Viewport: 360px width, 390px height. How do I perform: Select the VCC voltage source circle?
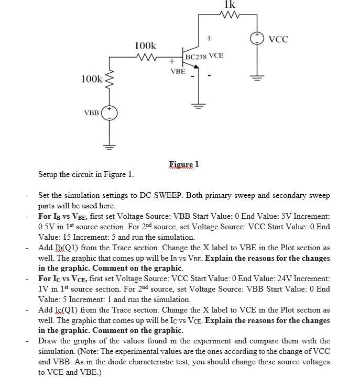(x=257, y=38)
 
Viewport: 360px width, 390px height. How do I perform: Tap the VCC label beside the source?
(x=278, y=39)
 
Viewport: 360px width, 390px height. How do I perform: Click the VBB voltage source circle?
(x=110, y=113)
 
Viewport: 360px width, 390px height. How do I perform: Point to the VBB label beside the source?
(x=92, y=113)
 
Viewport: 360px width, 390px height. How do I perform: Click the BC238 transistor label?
(x=196, y=57)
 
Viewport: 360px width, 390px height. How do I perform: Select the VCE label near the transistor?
(x=216, y=55)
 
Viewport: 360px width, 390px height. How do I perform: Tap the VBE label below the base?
(x=178, y=71)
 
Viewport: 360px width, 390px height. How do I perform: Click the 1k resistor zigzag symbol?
(x=230, y=15)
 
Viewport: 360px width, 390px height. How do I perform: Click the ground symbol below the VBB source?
(x=110, y=146)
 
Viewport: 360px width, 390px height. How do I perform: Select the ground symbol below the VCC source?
(x=257, y=79)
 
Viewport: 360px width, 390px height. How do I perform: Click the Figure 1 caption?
(x=184, y=164)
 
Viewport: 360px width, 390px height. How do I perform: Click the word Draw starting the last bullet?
(x=48, y=341)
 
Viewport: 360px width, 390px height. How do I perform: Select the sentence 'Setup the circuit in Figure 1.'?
(x=86, y=174)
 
